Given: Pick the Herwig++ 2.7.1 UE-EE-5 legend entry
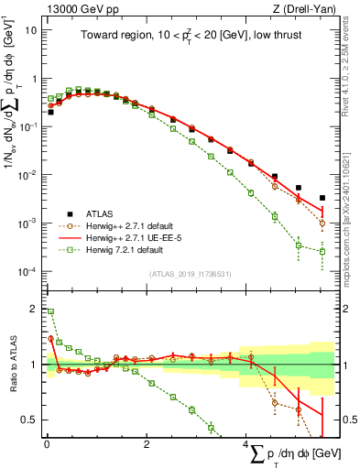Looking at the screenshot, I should [125, 236].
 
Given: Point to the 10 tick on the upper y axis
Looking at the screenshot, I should [30, 29].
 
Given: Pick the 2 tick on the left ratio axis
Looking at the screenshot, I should [34, 309].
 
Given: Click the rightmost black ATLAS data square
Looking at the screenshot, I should [322, 198].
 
